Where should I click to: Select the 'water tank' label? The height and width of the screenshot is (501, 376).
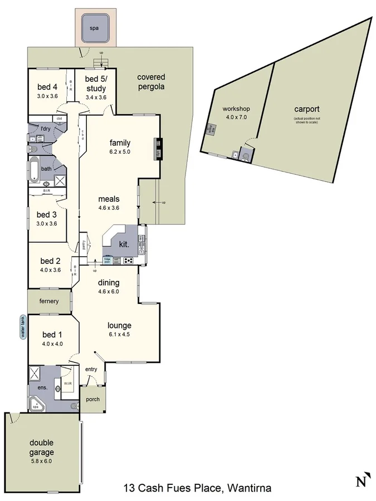click(23, 328)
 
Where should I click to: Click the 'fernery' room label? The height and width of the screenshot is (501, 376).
click(48, 301)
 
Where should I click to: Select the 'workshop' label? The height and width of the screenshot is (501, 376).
click(236, 109)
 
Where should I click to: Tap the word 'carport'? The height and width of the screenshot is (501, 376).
click(306, 110)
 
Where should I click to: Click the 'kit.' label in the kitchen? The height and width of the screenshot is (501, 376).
click(124, 244)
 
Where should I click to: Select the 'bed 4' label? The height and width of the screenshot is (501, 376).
click(47, 87)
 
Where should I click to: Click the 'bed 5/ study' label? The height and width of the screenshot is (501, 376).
click(96, 84)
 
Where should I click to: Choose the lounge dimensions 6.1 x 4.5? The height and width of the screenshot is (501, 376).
click(119, 335)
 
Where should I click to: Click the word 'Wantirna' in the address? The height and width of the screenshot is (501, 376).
click(247, 489)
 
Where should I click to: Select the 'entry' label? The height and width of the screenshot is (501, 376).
click(91, 369)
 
